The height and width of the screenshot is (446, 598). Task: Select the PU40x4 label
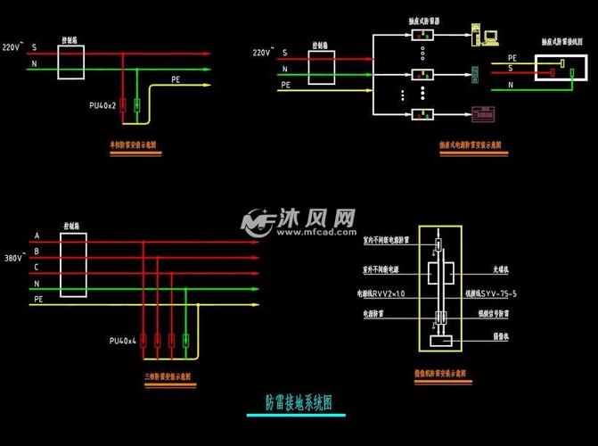tap(122, 341)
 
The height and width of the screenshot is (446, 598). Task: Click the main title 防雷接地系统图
tap(299, 402)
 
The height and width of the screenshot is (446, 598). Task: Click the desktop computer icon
tap(487, 36)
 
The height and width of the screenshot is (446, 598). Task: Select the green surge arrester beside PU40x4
tap(185, 340)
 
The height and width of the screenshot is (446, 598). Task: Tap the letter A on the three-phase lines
tap(37, 236)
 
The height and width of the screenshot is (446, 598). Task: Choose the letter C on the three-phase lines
tap(37, 268)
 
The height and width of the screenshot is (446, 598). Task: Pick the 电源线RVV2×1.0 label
tap(381, 292)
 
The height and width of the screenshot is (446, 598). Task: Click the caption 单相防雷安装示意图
tap(136, 144)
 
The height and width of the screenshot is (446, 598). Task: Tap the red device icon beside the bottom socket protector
tap(483, 113)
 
